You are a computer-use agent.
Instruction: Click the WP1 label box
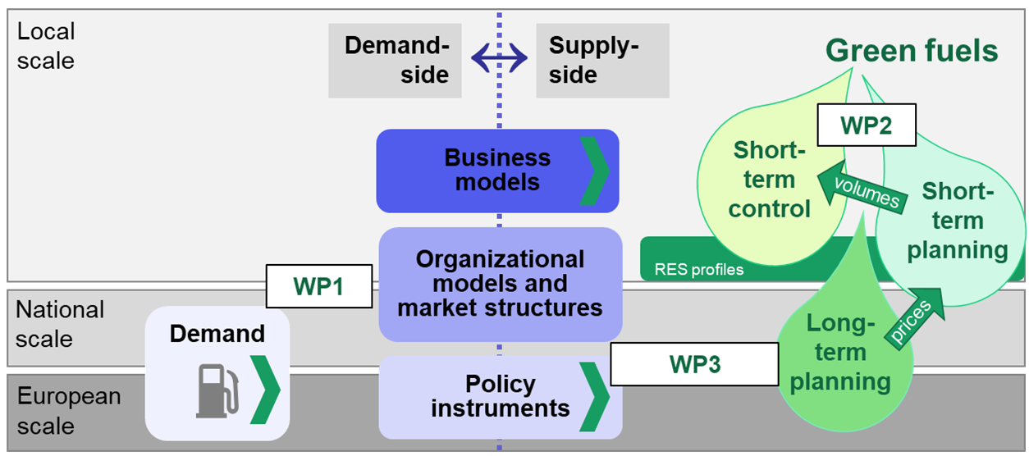pyautogui.click(x=319, y=286)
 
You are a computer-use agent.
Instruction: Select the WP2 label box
pyautogui.click(x=866, y=125)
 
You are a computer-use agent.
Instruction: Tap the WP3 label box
pyautogui.click(x=694, y=364)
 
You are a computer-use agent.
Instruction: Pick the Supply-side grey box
pyautogui.click(x=601, y=60)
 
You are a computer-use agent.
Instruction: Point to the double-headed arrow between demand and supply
pyautogui.click(x=499, y=58)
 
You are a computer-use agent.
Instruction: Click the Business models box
pyautogui.click(x=497, y=171)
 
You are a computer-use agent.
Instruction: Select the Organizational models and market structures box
pyautogui.click(x=500, y=284)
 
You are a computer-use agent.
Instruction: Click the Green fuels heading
pyautogui.click(x=911, y=51)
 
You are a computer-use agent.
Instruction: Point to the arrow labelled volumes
pyautogui.click(x=862, y=192)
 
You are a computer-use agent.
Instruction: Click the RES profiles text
pyautogui.click(x=699, y=269)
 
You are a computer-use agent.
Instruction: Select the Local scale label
pyautogui.click(x=46, y=46)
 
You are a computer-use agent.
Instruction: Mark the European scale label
pyautogui.click(x=69, y=411)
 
